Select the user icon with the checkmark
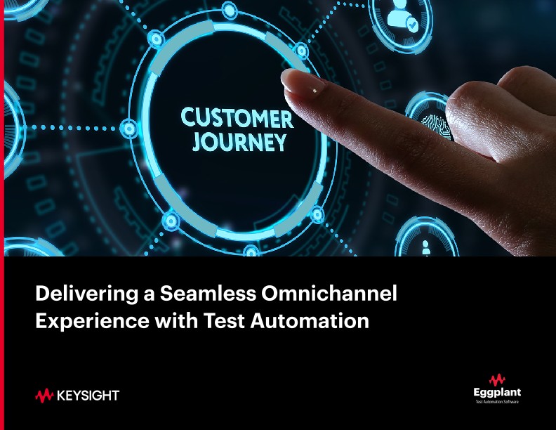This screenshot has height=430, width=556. (402, 21)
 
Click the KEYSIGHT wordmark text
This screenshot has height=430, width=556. (87, 396)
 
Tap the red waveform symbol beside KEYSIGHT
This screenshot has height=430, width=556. (44, 396)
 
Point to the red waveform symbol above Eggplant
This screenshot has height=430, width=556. (498, 379)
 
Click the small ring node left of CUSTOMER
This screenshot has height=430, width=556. (129, 129)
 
